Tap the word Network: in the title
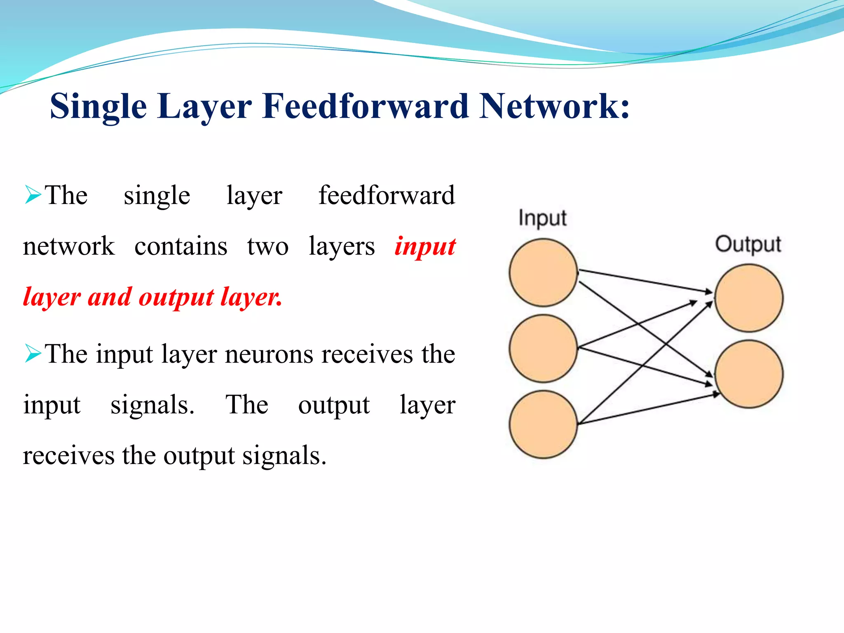[555, 106]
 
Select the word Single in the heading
[98, 107]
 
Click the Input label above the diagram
[542, 218]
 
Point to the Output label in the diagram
[748, 244]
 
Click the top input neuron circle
[543, 273]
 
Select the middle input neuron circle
[543, 349]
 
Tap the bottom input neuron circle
[543, 424]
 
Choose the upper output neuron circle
[748, 298]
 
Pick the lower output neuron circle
[748, 374]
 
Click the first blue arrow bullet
[33, 195]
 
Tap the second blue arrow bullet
[33, 353]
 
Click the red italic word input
[425, 246]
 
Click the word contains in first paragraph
[181, 246]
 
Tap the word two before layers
[268, 246]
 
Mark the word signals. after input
[152, 405]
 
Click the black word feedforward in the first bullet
[387, 195]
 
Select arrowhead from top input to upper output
[708, 292]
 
